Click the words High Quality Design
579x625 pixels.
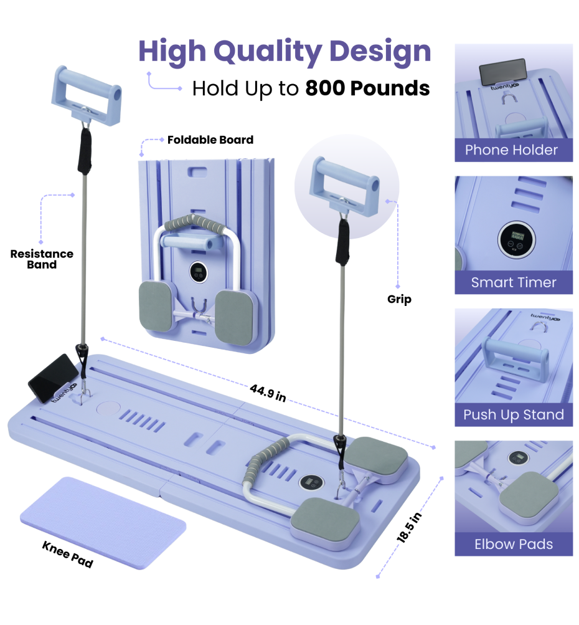(285, 52)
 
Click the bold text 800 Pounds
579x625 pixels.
(367, 88)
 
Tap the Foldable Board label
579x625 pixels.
(210, 140)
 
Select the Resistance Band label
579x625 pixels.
(42, 259)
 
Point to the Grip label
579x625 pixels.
(399, 300)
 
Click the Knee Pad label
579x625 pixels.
(67, 554)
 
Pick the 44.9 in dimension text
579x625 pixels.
(268, 393)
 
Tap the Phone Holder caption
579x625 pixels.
(513, 150)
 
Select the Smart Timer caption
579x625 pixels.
(513, 282)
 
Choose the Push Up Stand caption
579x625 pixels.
(513, 415)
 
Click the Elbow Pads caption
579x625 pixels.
(513, 545)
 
